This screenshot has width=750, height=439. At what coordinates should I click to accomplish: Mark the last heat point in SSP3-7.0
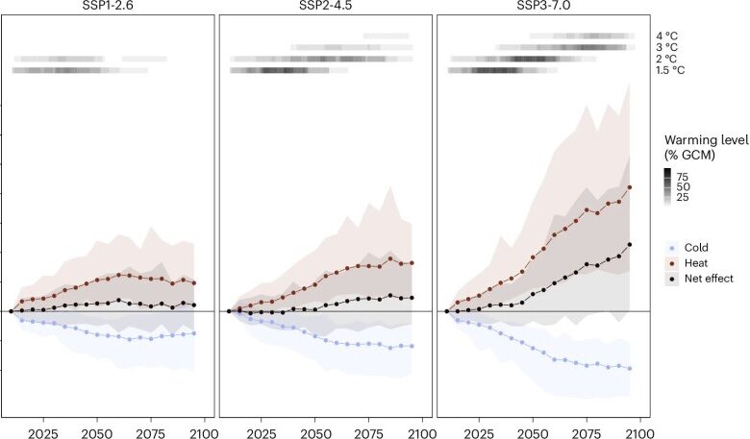click(x=629, y=187)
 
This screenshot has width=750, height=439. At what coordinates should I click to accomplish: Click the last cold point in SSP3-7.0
click(x=629, y=369)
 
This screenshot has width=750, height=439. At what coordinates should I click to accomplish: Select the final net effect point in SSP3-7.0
click(x=629, y=244)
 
